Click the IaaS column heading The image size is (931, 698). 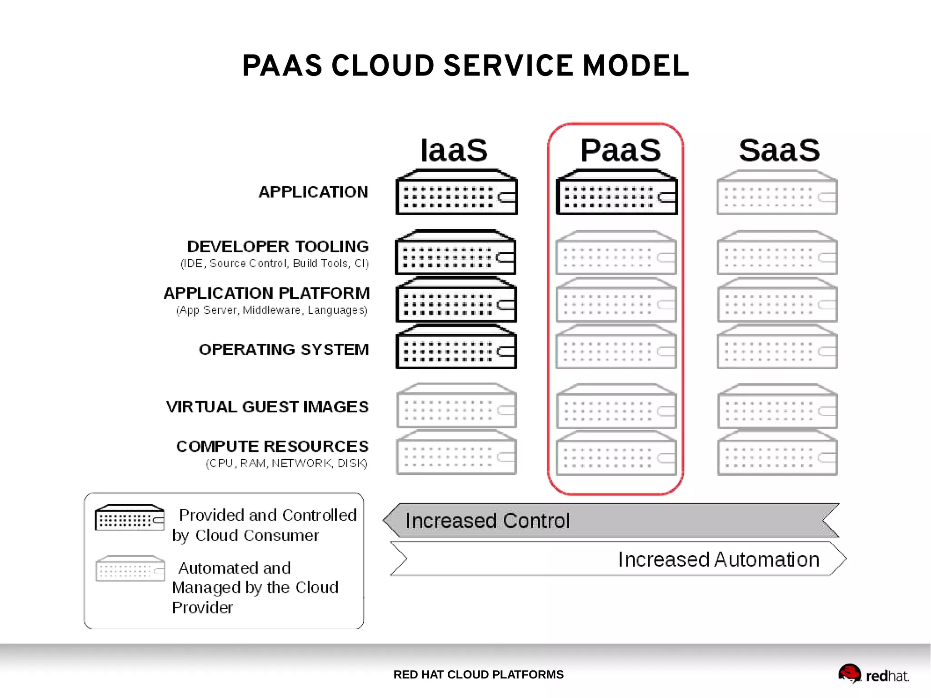tap(454, 151)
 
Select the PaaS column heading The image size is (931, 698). tap(620, 151)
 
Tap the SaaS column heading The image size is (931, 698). tap(779, 151)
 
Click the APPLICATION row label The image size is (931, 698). tap(313, 192)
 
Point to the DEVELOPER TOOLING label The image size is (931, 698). tap(278, 246)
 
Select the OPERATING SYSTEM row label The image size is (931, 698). tap(284, 350)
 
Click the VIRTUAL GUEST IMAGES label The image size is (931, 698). tap(267, 407)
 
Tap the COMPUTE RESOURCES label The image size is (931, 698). tap(272, 447)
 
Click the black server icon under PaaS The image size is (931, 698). tap(616, 193)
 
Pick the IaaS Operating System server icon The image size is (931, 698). tap(456, 347)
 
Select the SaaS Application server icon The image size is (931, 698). tap(777, 193)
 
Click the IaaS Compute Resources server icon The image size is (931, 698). tap(456, 453)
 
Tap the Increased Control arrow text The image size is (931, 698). tap(487, 521)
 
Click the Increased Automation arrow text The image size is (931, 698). tap(718, 560)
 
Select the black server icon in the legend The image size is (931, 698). tap(130, 517)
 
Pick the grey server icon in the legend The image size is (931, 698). tap(130, 568)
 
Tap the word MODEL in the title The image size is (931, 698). tap(636, 66)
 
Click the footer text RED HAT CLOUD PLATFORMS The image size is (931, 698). tap(478, 674)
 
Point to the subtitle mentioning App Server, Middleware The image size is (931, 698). tap(272, 310)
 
